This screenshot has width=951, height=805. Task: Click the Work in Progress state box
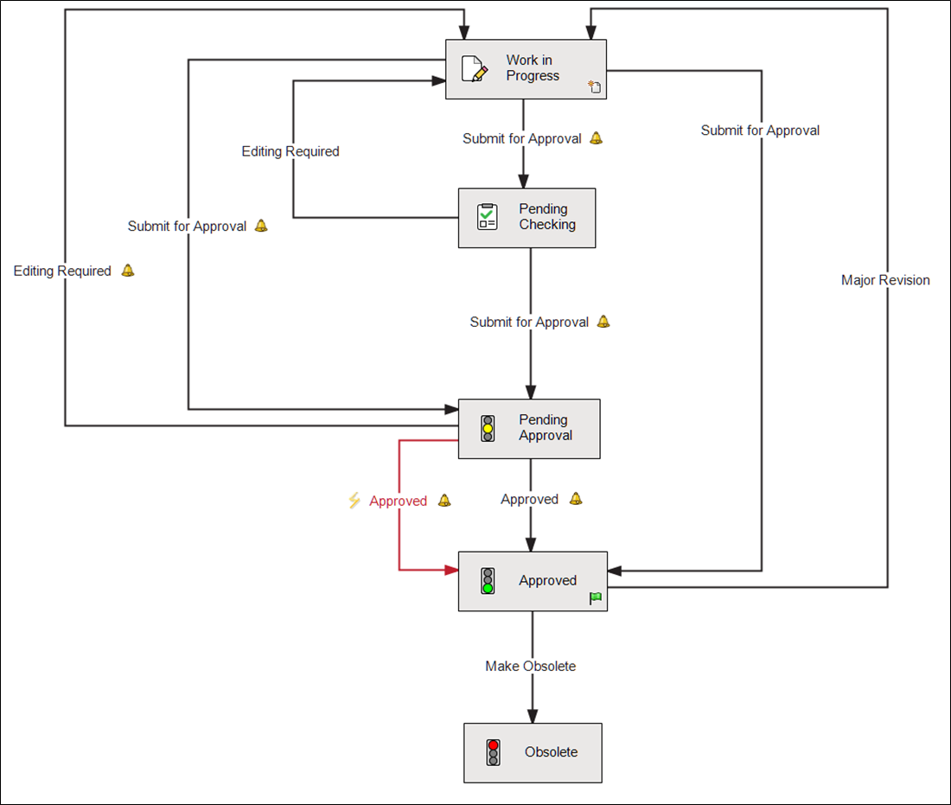tap(526, 69)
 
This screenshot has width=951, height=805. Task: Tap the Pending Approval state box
tap(528, 429)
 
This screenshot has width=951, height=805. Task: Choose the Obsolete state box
tap(533, 753)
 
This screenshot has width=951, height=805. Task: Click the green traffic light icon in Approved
tap(488, 581)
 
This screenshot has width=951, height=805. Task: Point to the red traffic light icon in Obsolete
tap(493, 752)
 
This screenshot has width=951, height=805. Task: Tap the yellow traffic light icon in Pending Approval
tap(488, 429)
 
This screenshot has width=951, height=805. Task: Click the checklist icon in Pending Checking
tap(488, 217)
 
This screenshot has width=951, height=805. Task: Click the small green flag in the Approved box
tap(596, 598)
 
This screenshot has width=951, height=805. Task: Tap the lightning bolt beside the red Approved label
tap(354, 501)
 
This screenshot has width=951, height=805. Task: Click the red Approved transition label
tap(398, 502)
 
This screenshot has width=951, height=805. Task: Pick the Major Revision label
tap(885, 280)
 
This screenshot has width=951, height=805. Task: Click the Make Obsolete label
tap(530, 667)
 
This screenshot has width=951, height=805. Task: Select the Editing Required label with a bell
tap(62, 272)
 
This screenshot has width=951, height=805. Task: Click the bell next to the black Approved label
tap(576, 499)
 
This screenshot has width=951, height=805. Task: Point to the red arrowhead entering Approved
tap(450, 571)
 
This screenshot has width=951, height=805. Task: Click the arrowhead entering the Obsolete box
tap(533, 716)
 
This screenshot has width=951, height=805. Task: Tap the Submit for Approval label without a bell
tap(760, 131)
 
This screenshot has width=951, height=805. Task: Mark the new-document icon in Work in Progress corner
tap(595, 86)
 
